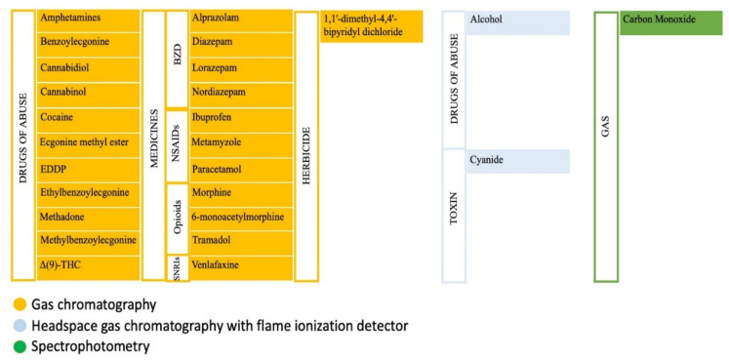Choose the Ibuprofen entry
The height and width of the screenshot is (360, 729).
pos(239,117)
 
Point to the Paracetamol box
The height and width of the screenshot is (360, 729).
pos(239,167)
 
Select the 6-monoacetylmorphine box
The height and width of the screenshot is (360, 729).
pos(239,215)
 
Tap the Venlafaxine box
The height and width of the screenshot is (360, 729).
pos(239,264)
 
